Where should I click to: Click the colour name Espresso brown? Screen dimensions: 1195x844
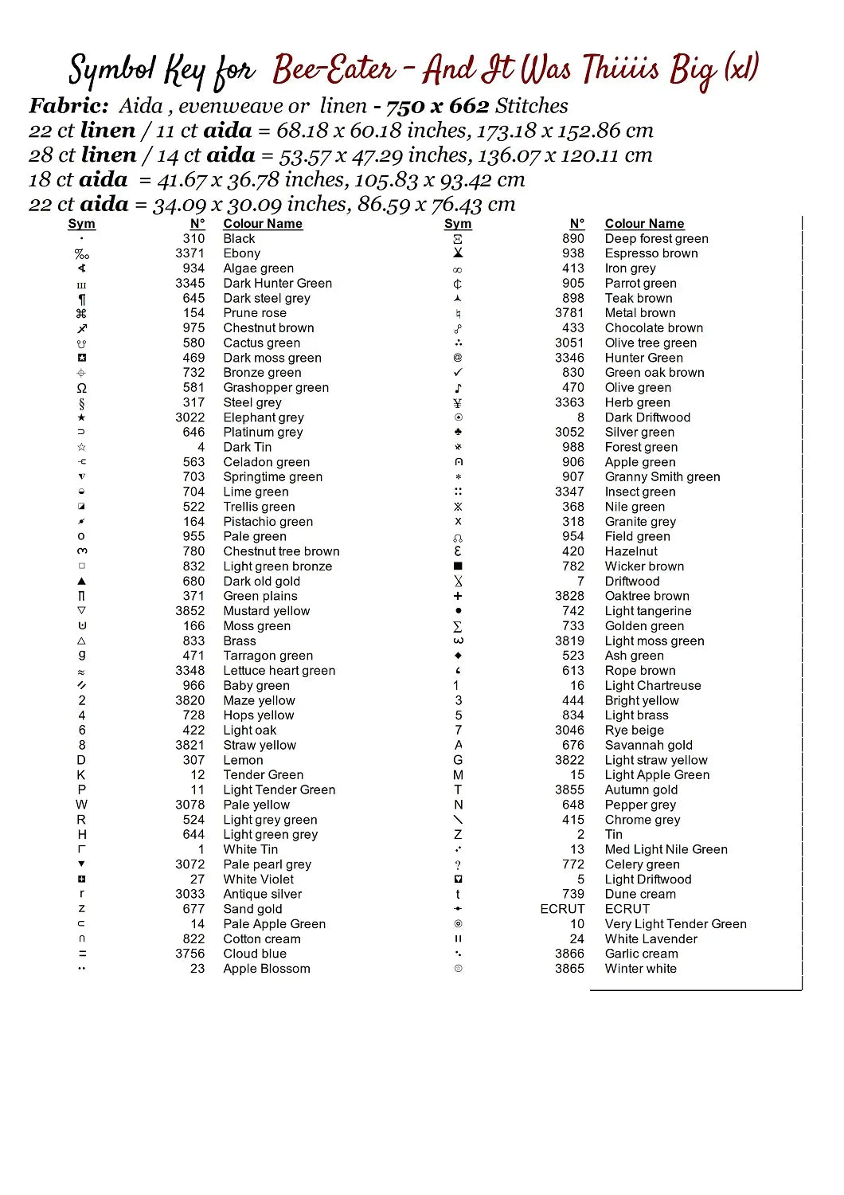(x=651, y=253)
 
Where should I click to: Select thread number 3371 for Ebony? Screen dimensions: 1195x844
(x=190, y=253)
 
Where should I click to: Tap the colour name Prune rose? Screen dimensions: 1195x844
(x=254, y=313)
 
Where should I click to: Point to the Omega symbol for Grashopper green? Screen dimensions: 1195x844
(x=81, y=388)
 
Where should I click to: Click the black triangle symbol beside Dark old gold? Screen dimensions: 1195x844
(x=81, y=582)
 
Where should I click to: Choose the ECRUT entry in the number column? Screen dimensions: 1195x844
(x=562, y=909)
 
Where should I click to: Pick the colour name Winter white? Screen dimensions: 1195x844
(x=640, y=969)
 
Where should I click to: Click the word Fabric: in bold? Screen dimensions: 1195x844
(x=69, y=106)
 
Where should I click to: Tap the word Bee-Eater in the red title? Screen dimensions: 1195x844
(x=334, y=70)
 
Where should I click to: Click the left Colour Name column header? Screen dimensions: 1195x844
(x=262, y=224)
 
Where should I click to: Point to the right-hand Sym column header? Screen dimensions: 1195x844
(x=458, y=224)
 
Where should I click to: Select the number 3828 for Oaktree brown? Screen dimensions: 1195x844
(x=569, y=596)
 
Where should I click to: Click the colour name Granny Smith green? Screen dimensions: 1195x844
(x=662, y=477)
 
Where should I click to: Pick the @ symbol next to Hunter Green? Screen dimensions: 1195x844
(x=458, y=358)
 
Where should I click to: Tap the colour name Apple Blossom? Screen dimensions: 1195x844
(x=266, y=969)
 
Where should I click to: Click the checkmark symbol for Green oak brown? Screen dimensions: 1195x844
(x=458, y=373)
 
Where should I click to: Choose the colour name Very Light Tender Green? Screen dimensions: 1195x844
(x=675, y=924)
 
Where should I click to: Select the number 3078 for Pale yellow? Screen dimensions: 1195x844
(x=190, y=805)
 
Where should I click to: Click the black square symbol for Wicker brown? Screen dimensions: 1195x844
(x=458, y=566)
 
